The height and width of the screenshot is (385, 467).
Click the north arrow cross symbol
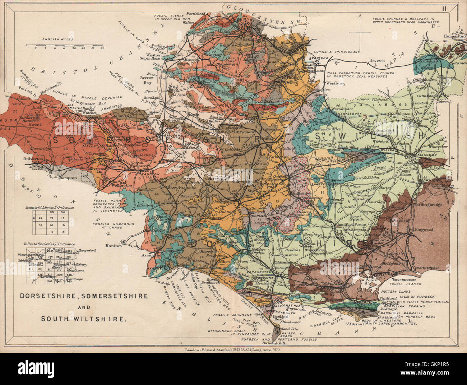click(x=360, y=32)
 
